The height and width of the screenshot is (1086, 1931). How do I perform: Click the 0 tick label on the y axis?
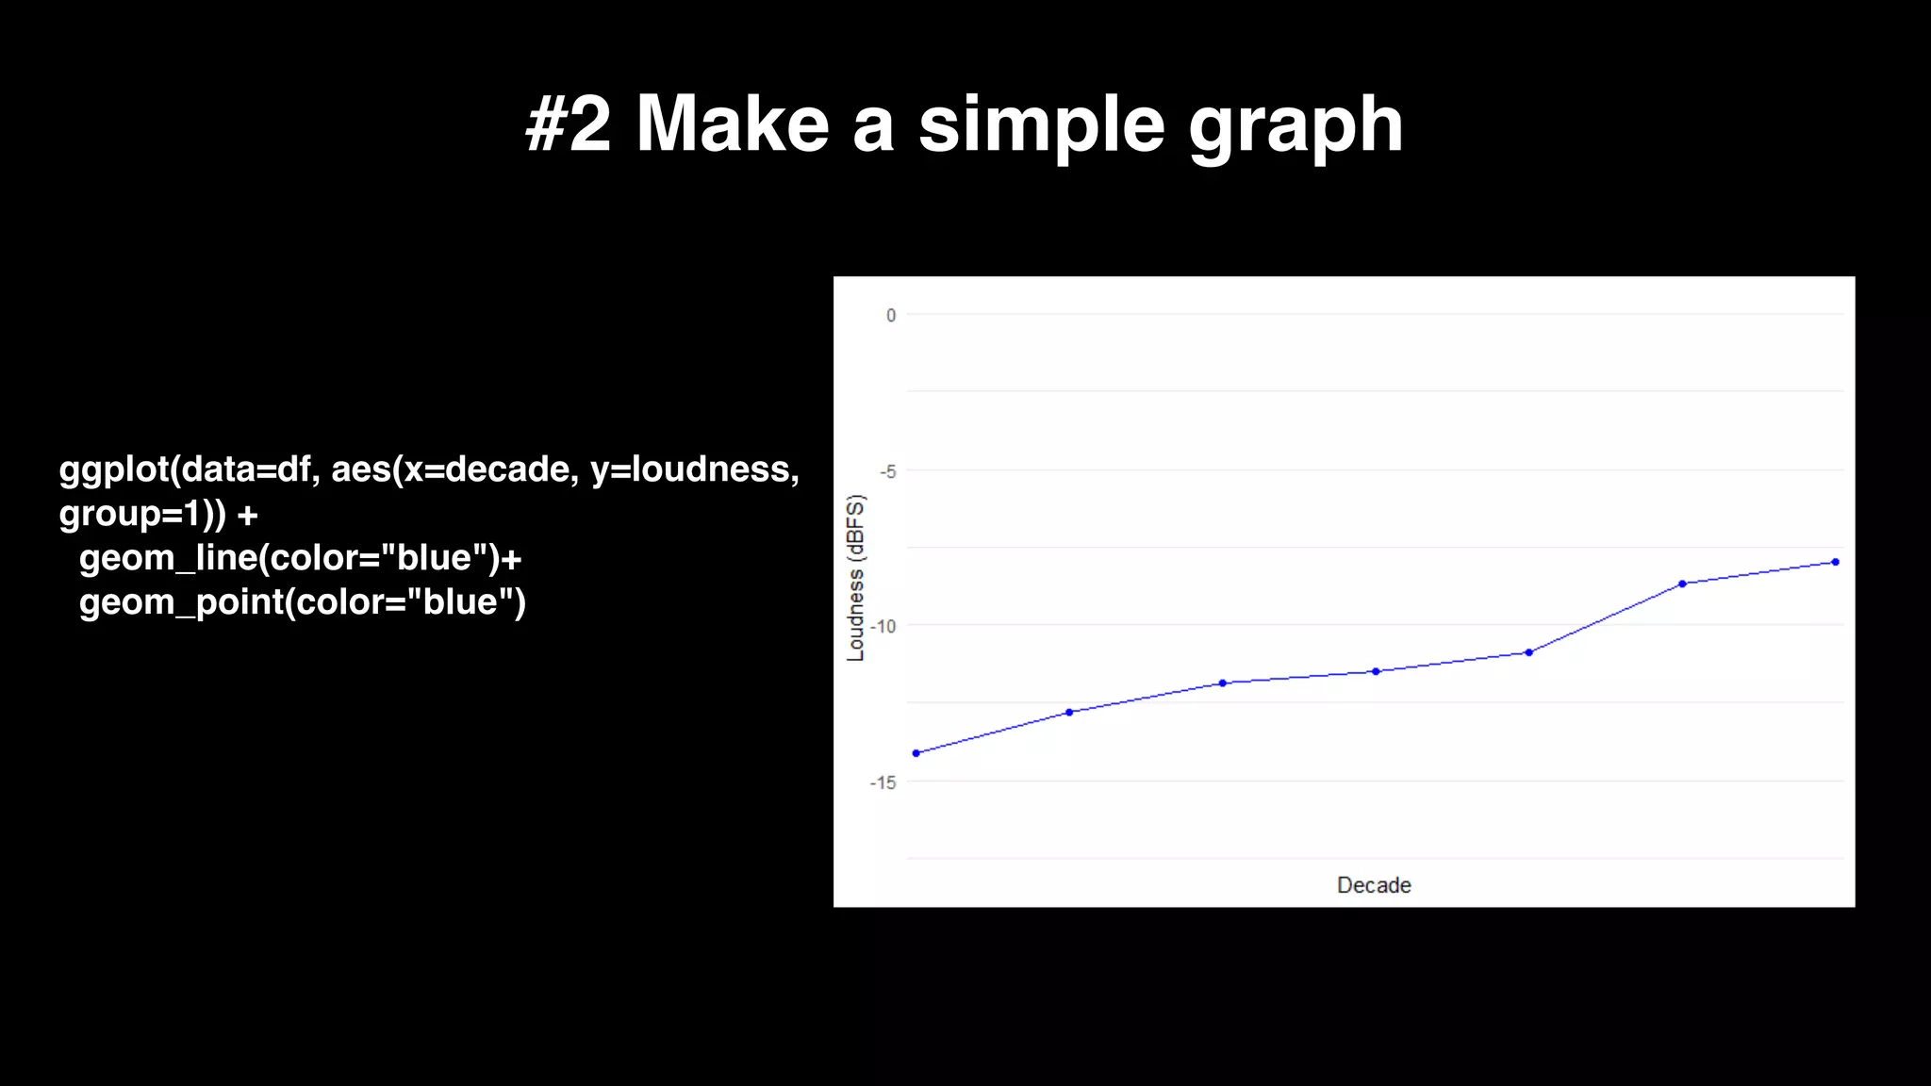click(x=891, y=316)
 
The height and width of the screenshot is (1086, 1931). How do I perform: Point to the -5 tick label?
click(x=887, y=471)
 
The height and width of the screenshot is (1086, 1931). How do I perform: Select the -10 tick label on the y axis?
click(x=883, y=627)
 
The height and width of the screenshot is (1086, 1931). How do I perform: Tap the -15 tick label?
click(x=883, y=782)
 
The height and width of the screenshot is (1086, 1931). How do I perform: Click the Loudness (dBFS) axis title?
click(x=856, y=578)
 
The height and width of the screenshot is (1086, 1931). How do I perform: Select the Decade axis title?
click(x=1374, y=885)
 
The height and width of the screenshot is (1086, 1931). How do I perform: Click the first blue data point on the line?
click(x=916, y=753)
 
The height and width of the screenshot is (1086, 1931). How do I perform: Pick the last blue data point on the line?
click(x=1835, y=562)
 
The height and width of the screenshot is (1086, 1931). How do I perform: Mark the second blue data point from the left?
click(x=1069, y=712)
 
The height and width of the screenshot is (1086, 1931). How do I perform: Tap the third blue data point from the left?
click(x=1223, y=683)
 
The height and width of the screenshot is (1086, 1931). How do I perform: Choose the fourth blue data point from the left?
click(x=1376, y=671)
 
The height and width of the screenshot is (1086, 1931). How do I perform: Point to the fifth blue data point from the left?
click(x=1529, y=652)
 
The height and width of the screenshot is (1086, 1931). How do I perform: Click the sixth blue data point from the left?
click(x=1682, y=584)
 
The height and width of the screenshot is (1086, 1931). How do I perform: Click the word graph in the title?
click(x=1296, y=125)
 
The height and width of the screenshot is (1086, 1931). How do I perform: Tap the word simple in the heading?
click(x=1041, y=125)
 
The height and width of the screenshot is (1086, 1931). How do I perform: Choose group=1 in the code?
click(x=130, y=514)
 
